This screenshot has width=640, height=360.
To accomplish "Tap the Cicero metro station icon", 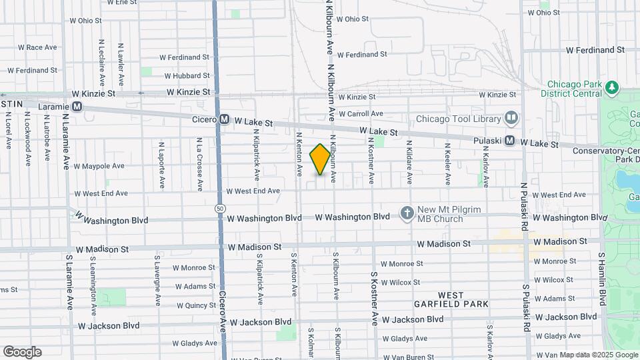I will pyautogui.click(x=224, y=119).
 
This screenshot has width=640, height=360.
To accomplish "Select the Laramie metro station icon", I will pyautogui.click(x=77, y=106).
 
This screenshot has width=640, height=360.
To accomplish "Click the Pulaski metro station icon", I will pyautogui.click(x=509, y=141).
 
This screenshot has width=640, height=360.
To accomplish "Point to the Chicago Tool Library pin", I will pyautogui.click(x=511, y=118).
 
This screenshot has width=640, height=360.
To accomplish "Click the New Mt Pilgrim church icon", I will pyautogui.click(x=407, y=213).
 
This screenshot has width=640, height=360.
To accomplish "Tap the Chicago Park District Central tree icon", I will pyautogui.click(x=611, y=87).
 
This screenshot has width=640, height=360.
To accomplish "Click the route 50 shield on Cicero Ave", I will pyautogui.click(x=220, y=209).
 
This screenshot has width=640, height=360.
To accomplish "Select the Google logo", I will pyautogui.click(x=22, y=352).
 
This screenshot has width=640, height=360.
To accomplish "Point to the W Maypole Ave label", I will pyautogui.click(x=99, y=166).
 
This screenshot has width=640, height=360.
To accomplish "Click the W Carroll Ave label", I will pyautogui.click(x=360, y=114).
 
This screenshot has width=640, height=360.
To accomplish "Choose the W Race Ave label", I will pyautogui.click(x=38, y=47).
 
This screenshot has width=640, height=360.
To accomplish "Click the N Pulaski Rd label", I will pyautogui.click(x=525, y=207).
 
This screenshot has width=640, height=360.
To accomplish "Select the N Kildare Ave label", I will pyautogui.click(x=409, y=162).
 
